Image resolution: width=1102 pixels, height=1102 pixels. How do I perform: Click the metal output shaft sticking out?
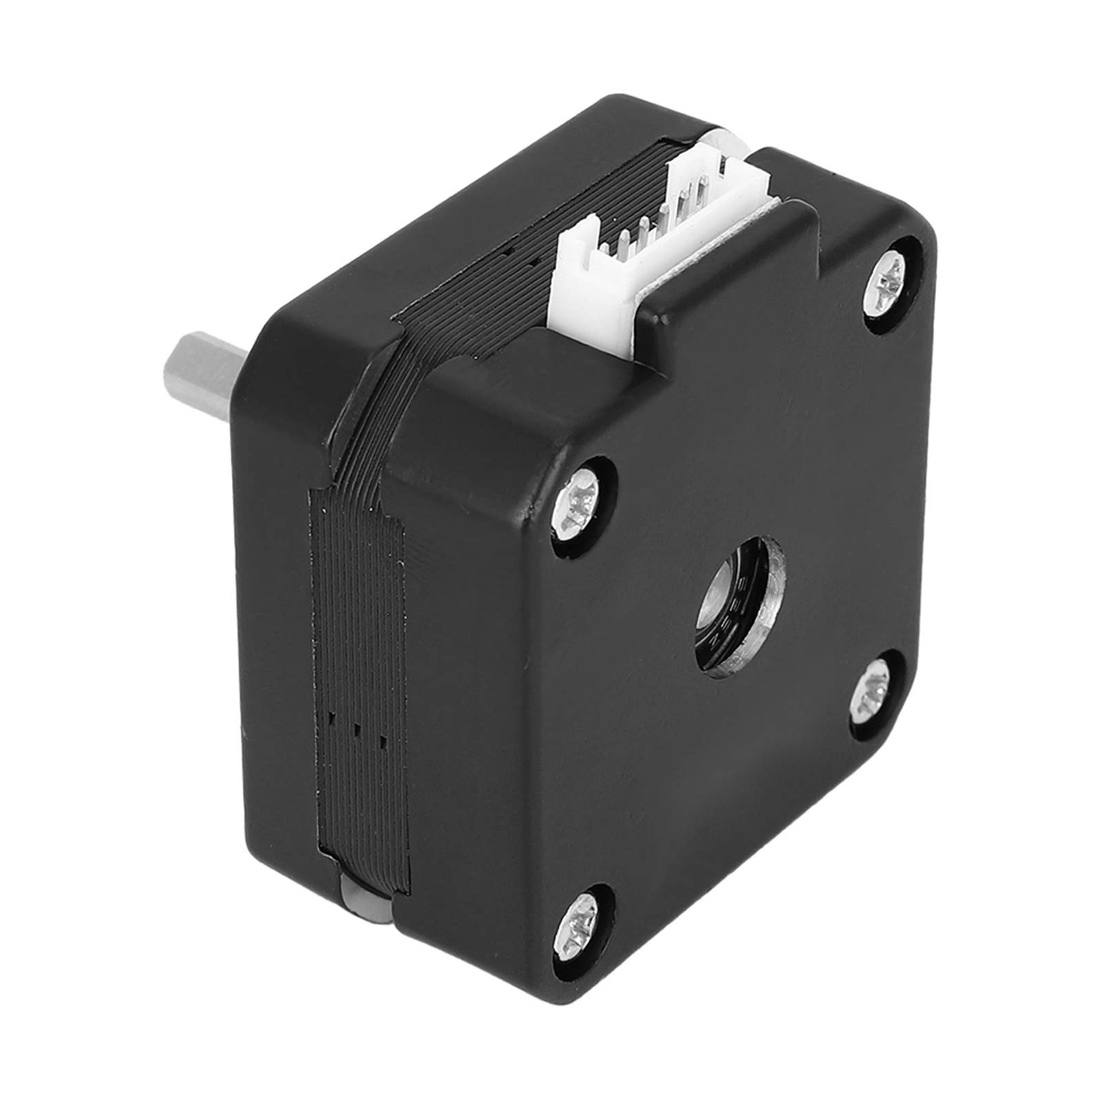206,371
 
